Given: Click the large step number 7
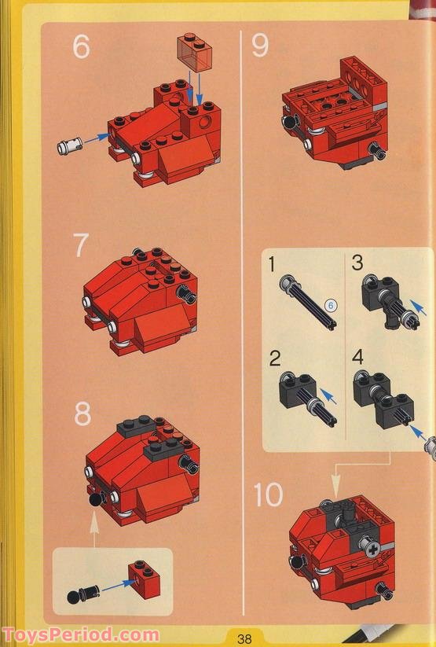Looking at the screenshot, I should pos(81,245).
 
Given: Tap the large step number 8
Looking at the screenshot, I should pos(82,413).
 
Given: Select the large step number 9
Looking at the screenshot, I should pos(260,46).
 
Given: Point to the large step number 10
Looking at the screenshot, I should pos(268,494).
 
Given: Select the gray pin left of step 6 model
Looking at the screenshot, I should pos(70,145).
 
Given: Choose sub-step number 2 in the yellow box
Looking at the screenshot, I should pos(275,359).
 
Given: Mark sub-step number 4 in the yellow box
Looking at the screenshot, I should pos(358,358).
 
